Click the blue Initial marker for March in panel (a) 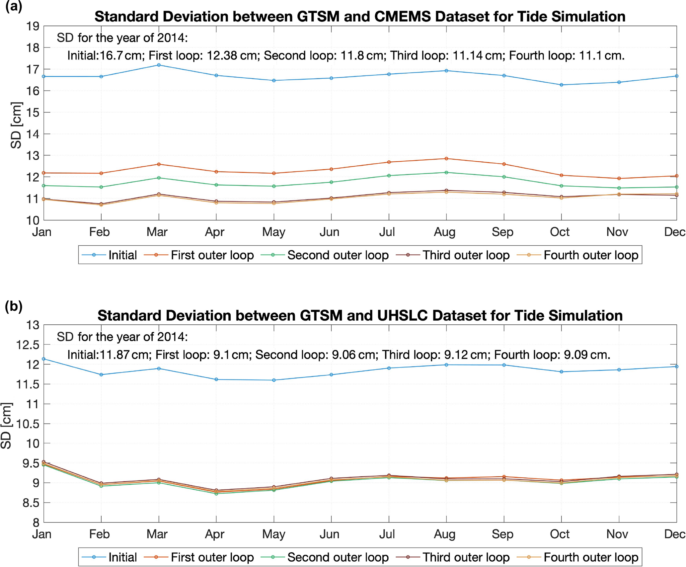pyautogui.click(x=159, y=65)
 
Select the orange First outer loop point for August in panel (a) pyautogui.click(x=446, y=159)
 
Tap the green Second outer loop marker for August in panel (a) pyautogui.click(x=446, y=173)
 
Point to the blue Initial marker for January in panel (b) pyautogui.click(x=44, y=359)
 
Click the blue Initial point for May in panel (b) pyautogui.click(x=274, y=380)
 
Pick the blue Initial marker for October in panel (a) pyautogui.click(x=562, y=85)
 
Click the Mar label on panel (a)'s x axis pyautogui.click(x=157, y=232)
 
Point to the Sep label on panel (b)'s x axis pyautogui.click(x=502, y=534)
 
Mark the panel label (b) pyautogui.click(x=14, y=306)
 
